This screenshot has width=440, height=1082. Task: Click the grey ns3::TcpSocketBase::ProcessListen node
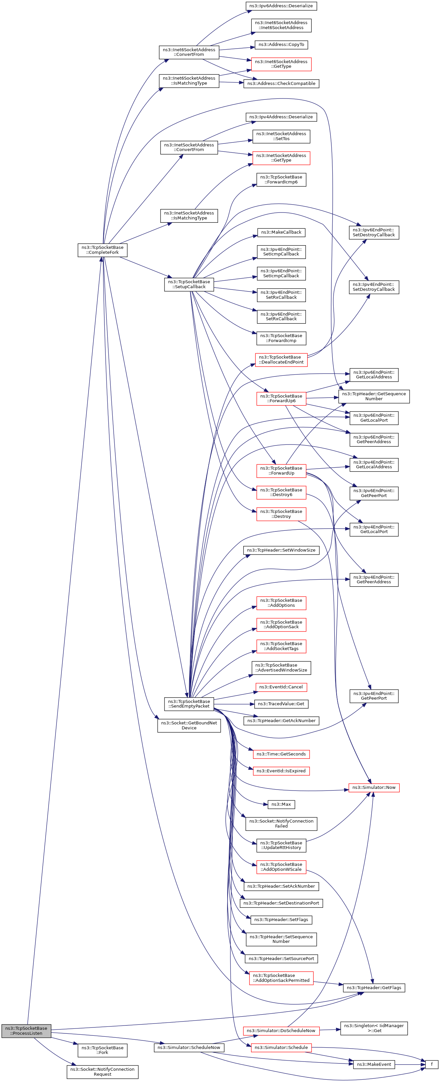pyautogui.click(x=26, y=1030)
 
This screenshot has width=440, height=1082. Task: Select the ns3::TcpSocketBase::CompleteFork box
pyautogui.click(x=102, y=250)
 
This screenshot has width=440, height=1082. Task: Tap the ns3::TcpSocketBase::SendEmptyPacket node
pyautogui.click(x=189, y=704)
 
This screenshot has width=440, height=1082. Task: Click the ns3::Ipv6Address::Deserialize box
pyautogui.click(x=281, y=6)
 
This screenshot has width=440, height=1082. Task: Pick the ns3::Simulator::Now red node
pyautogui.click(x=374, y=787)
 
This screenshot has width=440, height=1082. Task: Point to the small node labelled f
pyautogui.click(x=431, y=1064)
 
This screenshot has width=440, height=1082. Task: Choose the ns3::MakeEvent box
pyautogui.click(x=374, y=1064)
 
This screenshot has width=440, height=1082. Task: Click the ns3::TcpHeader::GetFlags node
pyautogui.click(x=374, y=987)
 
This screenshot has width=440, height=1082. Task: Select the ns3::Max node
pyautogui.click(x=281, y=804)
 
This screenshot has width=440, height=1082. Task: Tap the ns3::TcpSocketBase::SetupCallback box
pyautogui.click(x=189, y=284)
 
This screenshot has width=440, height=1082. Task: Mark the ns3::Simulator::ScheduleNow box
pyautogui.click(x=189, y=1047)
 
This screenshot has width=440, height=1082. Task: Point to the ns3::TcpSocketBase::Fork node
pyautogui.click(x=102, y=1050)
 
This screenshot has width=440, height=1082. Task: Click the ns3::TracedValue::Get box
pyautogui.click(x=281, y=704)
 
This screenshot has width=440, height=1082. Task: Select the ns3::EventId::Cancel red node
pyautogui.click(x=281, y=687)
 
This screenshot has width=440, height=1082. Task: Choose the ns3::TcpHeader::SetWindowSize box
pyautogui.click(x=281, y=550)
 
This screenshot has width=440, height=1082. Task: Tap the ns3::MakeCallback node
pyautogui.click(x=281, y=232)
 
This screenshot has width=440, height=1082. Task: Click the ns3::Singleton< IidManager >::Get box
pyautogui.click(x=374, y=1028)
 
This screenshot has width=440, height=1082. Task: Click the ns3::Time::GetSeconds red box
pyautogui.click(x=281, y=754)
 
